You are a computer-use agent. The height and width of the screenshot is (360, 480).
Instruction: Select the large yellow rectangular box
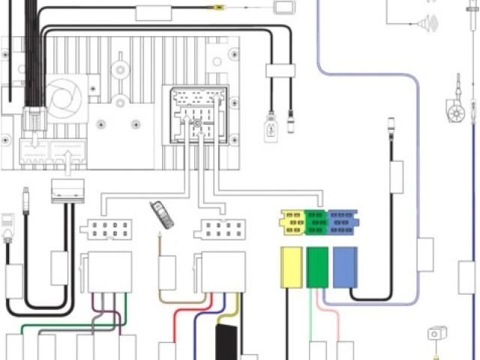291,266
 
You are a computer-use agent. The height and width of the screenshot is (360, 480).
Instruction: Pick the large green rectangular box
318,266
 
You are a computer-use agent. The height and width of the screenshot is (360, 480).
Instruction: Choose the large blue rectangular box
345,266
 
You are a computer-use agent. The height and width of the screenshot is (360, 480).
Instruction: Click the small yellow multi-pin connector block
292,222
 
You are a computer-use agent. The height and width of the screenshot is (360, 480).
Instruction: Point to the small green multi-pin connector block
316,222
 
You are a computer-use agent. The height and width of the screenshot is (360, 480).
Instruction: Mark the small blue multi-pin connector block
343,222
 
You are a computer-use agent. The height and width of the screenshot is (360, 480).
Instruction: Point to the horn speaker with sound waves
427,23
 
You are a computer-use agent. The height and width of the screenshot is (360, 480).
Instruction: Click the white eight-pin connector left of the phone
109,229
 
